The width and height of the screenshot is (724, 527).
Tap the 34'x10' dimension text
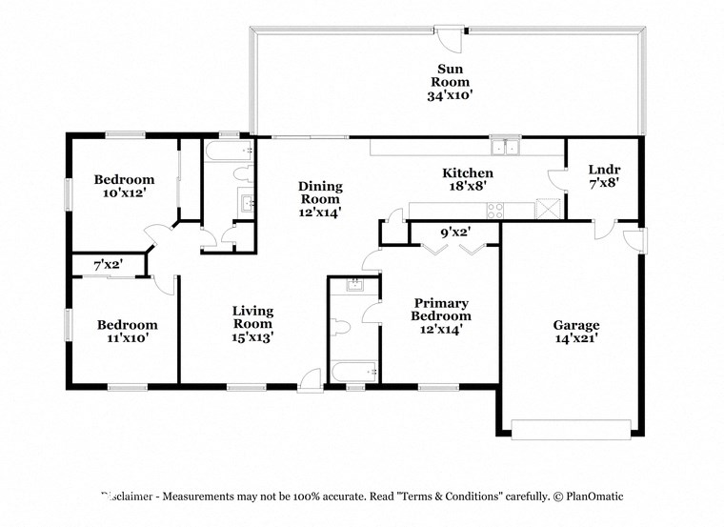click(x=451, y=94)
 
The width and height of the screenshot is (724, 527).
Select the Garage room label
click(x=576, y=324)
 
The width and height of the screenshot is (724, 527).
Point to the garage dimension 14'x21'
click(x=576, y=337)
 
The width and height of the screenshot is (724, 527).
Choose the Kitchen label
click(x=467, y=172)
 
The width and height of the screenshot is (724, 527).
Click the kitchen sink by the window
click(x=504, y=148)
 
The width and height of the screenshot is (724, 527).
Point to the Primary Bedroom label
click(x=440, y=310)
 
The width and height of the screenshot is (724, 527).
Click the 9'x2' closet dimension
click(x=454, y=232)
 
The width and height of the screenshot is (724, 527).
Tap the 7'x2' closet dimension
click(x=108, y=264)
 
